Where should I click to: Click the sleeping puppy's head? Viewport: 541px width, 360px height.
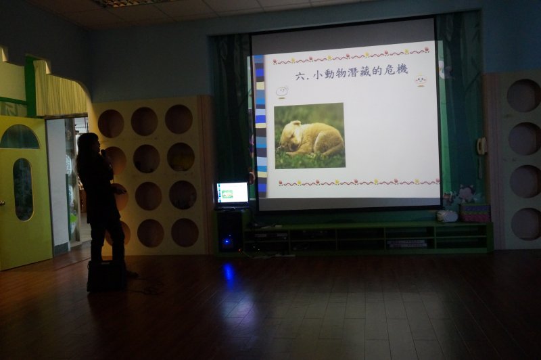[x=291, y=135]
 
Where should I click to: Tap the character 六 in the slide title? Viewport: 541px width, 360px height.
[x=300, y=76]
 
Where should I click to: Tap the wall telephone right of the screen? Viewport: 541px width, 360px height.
[x=481, y=146]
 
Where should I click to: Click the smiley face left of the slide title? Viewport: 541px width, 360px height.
[x=282, y=92]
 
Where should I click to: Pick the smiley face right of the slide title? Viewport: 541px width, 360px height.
[x=421, y=81]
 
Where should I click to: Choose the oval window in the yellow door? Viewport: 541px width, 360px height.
[x=23, y=189]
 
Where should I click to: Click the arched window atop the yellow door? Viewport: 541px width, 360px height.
[x=20, y=137]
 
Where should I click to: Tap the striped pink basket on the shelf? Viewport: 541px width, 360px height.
[x=475, y=213]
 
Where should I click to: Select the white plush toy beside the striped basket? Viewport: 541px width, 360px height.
[x=447, y=216]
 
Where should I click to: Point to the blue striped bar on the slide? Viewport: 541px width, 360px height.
[x=260, y=126]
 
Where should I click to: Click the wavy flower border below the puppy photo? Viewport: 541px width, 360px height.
[x=359, y=182]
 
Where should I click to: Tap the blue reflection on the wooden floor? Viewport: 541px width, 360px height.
[x=228, y=273]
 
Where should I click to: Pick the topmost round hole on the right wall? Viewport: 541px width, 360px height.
[x=523, y=95]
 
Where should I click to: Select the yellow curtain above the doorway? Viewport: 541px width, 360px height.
[x=61, y=90]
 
